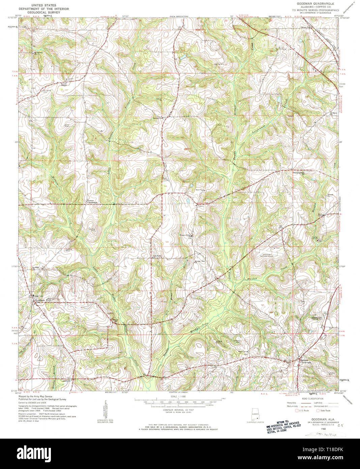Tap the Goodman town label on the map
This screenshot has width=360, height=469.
40,300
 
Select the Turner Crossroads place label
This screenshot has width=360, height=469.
92,201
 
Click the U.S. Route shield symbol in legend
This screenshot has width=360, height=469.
297,411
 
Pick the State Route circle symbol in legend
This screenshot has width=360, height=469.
318,411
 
